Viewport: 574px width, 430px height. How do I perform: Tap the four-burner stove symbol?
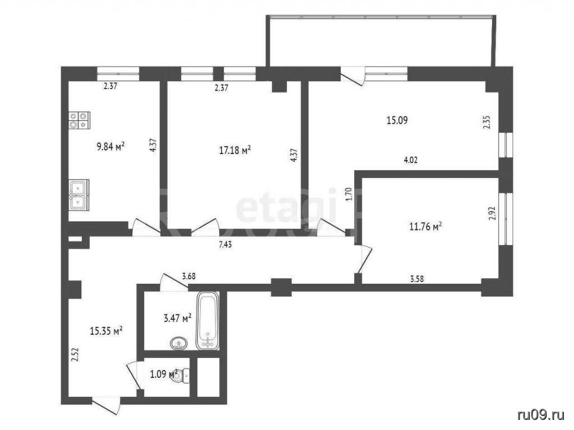click(x=80, y=120)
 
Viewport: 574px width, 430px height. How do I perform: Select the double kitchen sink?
click(x=78, y=195)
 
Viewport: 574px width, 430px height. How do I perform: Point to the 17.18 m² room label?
click(x=235, y=150)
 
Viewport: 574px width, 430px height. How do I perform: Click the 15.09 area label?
click(x=397, y=120)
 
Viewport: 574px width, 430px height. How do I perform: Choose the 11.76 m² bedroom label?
click(x=425, y=227)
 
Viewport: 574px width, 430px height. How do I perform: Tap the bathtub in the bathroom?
click(x=208, y=321)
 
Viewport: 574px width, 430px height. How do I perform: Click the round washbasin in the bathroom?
click(x=179, y=343)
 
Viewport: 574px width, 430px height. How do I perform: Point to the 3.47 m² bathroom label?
click(x=178, y=318)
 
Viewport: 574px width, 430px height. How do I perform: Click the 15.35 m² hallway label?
click(x=106, y=331)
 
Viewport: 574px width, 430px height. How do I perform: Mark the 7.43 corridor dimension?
click(x=225, y=245)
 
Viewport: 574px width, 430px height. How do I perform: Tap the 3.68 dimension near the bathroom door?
click(x=188, y=276)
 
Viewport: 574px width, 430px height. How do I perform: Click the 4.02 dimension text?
click(x=410, y=160)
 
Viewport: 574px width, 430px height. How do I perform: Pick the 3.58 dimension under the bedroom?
click(x=417, y=279)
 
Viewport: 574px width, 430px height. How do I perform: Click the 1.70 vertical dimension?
click(x=349, y=194)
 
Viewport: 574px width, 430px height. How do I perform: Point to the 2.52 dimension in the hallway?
click(x=75, y=354)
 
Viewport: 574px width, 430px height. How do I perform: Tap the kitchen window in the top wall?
click(x=118, y=73)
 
